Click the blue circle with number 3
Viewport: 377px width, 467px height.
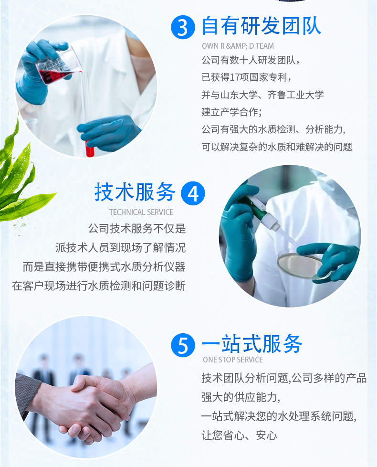183,28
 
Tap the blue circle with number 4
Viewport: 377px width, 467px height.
193,193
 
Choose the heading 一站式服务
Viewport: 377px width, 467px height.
251,344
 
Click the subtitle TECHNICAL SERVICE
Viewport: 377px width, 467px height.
141,212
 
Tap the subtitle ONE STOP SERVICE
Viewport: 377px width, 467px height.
233,360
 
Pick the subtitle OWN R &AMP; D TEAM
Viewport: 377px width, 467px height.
238,46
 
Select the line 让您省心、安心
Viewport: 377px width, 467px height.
239,435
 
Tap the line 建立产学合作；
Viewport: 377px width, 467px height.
231,112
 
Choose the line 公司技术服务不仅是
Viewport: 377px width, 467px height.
137,229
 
